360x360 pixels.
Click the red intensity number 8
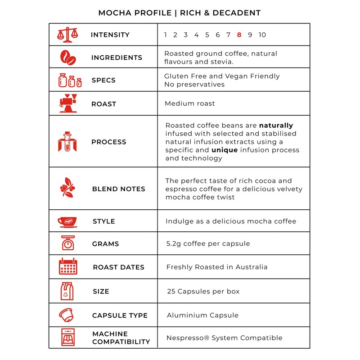pos(239,35)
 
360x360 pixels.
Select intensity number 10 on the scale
pos(262,35)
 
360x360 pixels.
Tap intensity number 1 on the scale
pos(166,35)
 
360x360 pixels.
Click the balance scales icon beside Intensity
pos(67,35)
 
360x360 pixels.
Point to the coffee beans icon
pos(68,58)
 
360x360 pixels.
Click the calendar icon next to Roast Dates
pos(68,267)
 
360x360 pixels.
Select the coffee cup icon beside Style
pos(67,221)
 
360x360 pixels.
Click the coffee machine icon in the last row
pos(67,337)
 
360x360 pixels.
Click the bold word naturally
pos(276,126)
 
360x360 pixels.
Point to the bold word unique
pos(225,150)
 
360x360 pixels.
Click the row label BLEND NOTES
pos(118,189)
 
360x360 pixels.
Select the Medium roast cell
pos(190,103)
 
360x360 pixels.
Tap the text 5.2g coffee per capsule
pos(208,243)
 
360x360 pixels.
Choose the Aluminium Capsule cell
pos(202,315)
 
